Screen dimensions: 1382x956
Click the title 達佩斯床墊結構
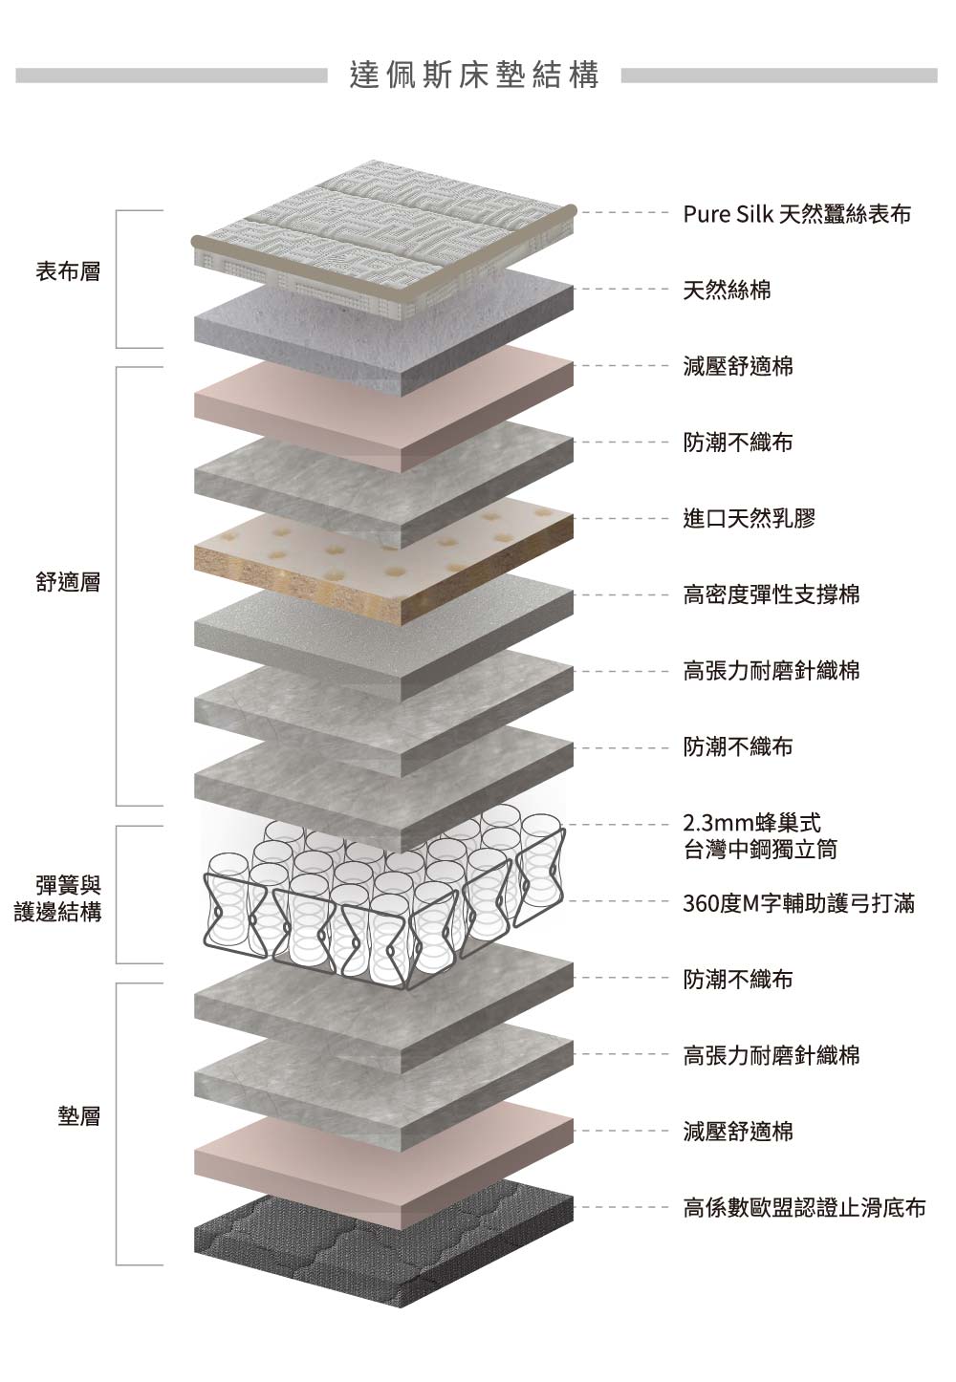point(474,76)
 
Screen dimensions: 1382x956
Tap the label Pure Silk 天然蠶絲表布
point(796,214)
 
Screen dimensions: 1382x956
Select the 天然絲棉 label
point(727,291)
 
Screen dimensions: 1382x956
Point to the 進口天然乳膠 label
point(749,519)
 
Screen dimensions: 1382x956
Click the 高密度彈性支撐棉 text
point(771,595)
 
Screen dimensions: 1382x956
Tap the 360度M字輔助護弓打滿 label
point(798,902)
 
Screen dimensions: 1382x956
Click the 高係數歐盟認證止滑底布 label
point(804,1208)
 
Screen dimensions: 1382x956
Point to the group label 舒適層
point(68,582)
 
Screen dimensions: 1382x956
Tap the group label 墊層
point(79,1115)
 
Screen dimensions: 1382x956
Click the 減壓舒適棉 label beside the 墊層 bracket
point(737,1132)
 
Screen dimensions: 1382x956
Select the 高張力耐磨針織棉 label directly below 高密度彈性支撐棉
point(771,671)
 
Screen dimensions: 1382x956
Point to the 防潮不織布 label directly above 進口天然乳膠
point(737,443)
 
